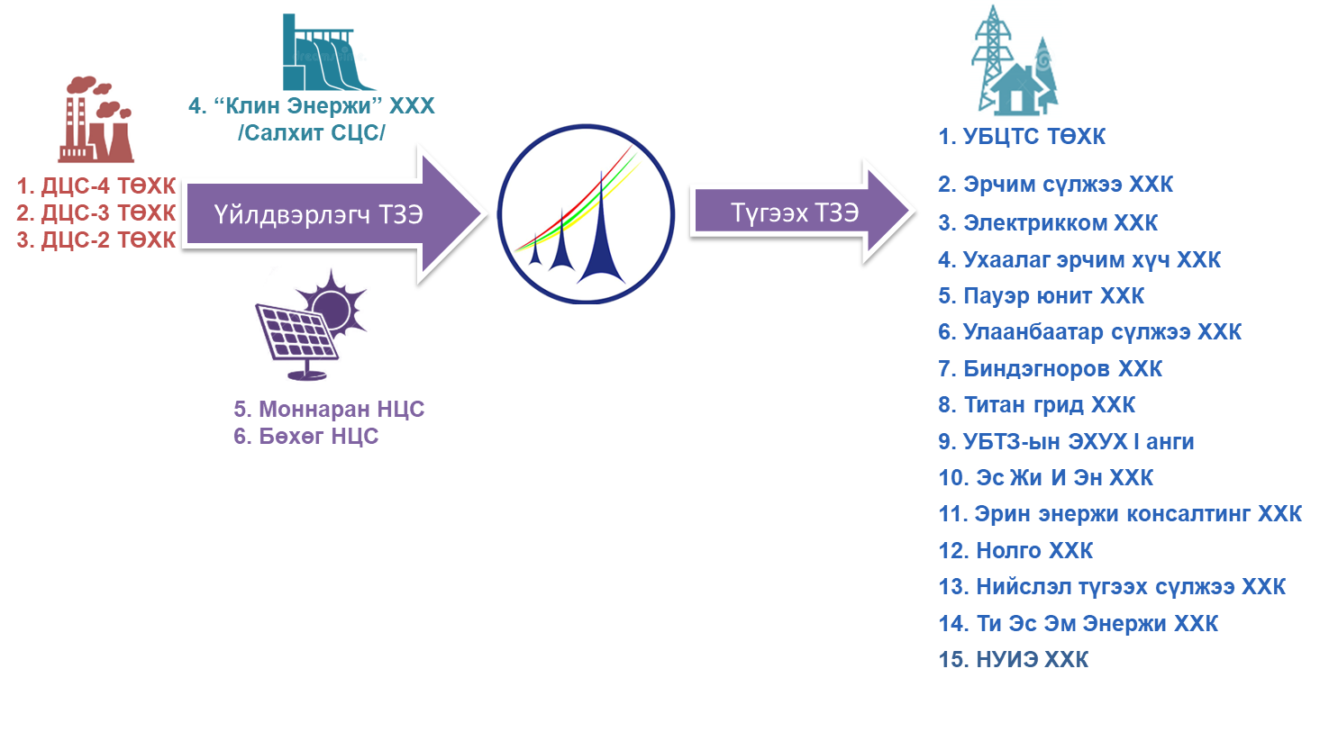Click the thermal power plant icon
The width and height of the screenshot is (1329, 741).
point(96,118)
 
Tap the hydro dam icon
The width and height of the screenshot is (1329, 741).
point(329,52)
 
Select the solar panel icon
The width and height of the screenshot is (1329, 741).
point(317,323)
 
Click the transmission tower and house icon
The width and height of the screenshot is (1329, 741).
point(1015,61)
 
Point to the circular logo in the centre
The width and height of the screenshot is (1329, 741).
point(586,213)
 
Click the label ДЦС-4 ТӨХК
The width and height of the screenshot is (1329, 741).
point(96,186)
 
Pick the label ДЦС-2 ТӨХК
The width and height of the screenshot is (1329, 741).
point(96,240)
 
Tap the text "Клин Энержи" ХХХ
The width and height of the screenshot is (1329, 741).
point(312,106)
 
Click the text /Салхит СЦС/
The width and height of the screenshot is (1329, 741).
point(312,133)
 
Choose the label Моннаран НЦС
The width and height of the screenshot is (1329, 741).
point(329,410)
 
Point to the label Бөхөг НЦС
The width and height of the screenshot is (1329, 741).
point(306,437)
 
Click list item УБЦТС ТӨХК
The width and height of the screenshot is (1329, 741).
point(1022,137)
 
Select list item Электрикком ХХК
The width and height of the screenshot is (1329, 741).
point(1048,223)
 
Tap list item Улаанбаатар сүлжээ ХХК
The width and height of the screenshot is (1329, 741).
point(1089,332)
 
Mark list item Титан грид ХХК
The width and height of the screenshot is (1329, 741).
point(1037,405)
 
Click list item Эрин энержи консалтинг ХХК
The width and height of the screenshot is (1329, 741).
point(1120,514)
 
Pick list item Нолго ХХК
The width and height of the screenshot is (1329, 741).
point(1015,551)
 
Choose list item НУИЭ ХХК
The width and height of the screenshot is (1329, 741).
point(1014,660)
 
